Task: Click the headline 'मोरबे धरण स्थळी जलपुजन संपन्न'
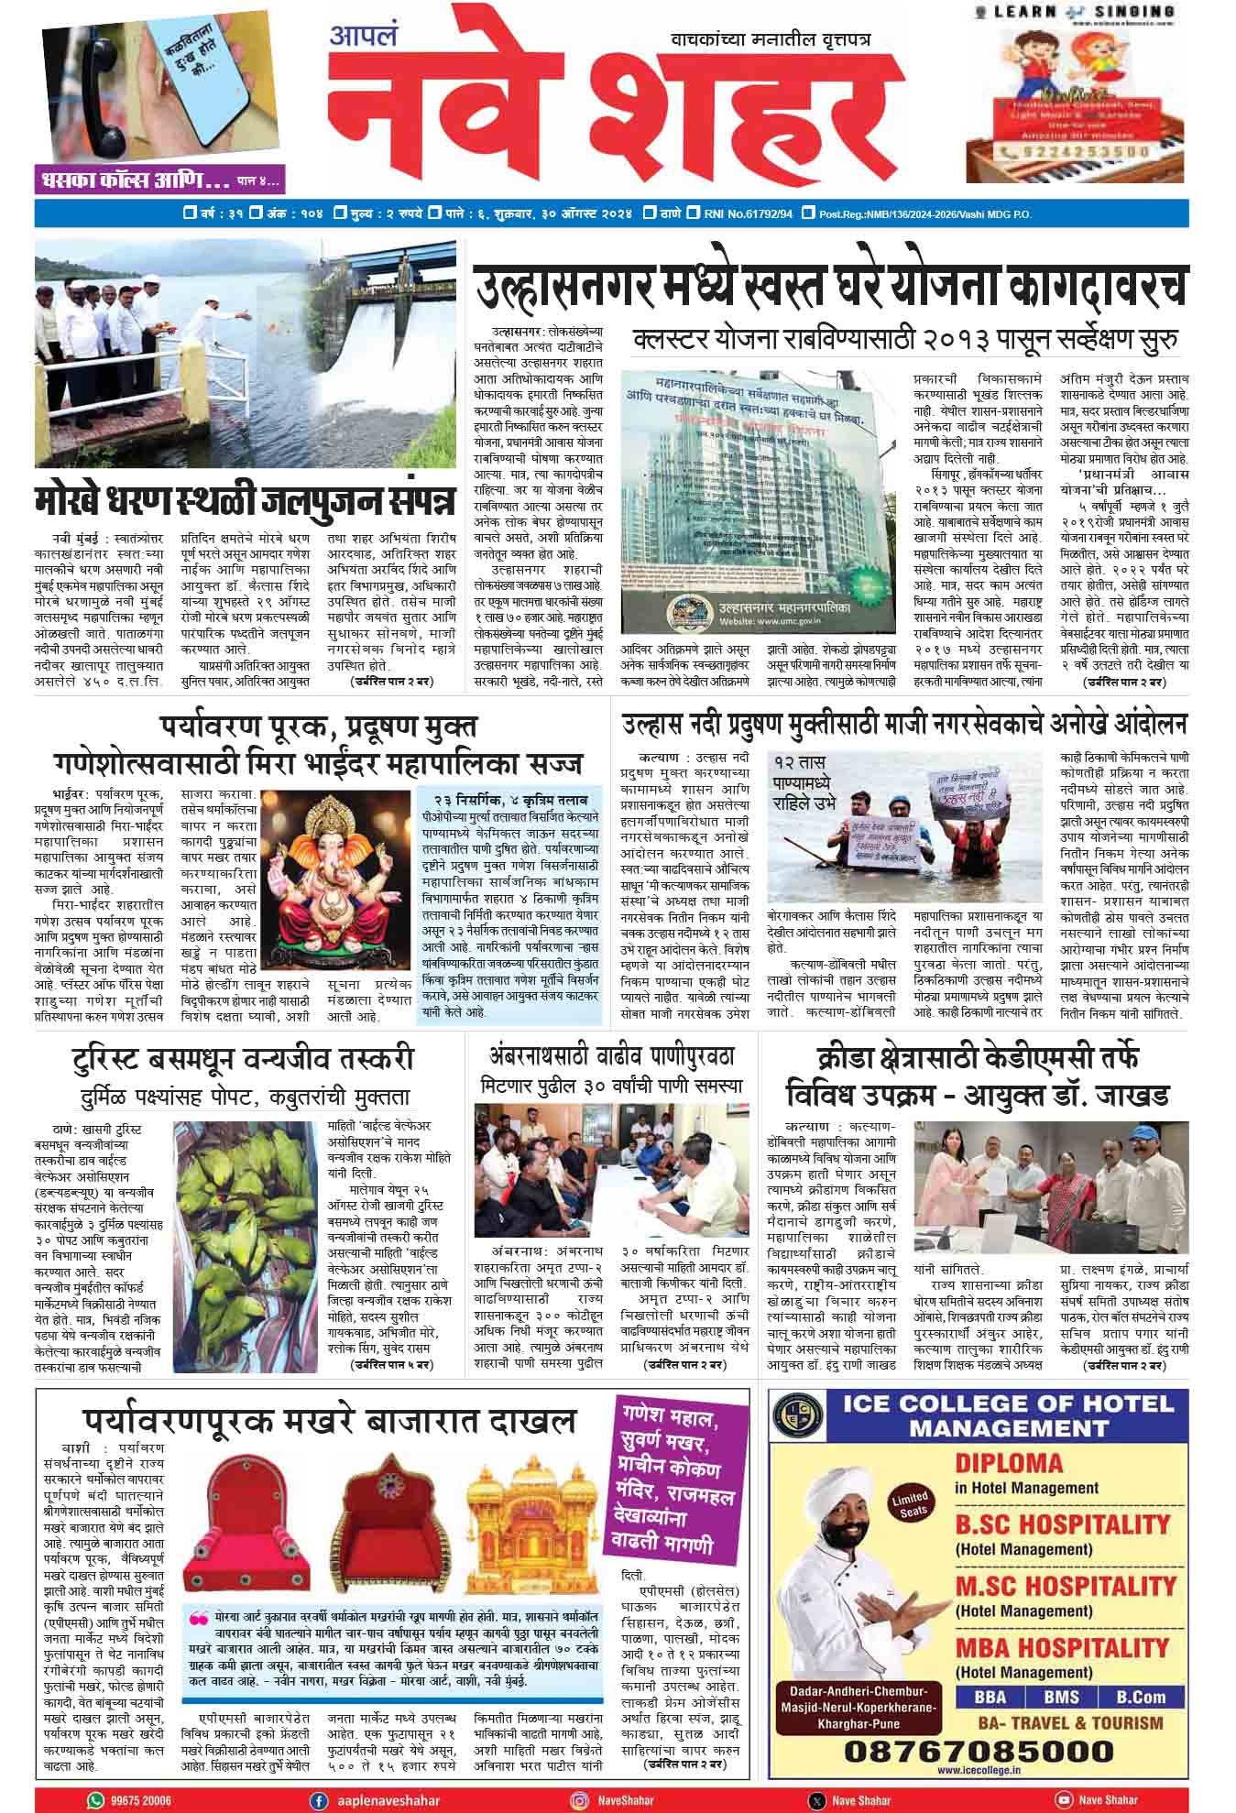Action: point(245,501)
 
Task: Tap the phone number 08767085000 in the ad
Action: point(978,1752)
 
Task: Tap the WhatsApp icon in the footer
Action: point(95,1800)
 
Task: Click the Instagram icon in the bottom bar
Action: point(579,1800)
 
